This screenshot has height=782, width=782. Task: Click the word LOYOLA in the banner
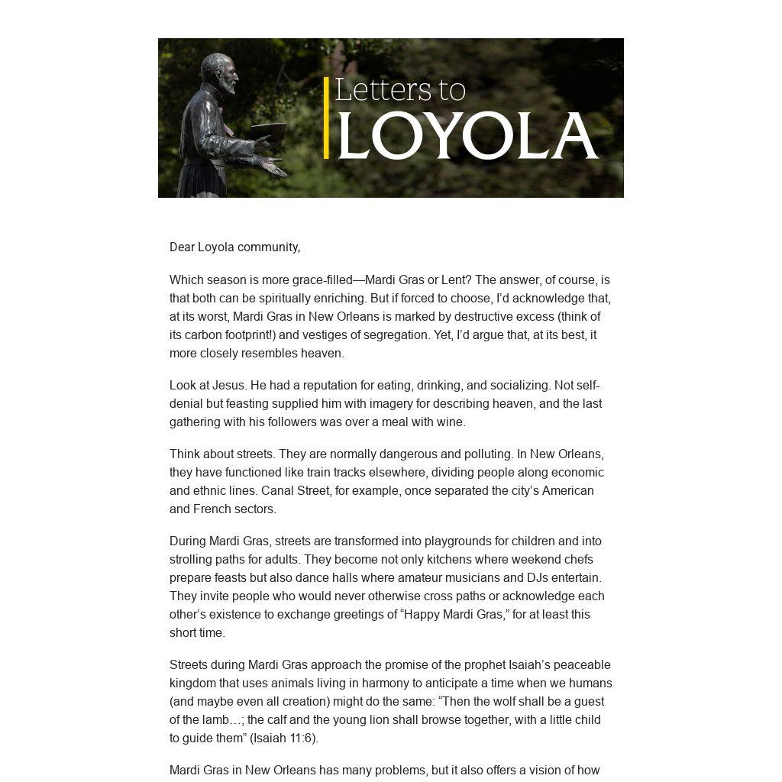click(x=467, y=137)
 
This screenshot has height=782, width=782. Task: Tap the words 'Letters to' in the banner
click(x=399, y=90)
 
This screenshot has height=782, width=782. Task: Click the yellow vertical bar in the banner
click(x=326, y=118)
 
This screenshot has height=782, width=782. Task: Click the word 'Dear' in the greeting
click(x=182, y=247)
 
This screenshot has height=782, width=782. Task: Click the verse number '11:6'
click(x=297, y=738)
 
